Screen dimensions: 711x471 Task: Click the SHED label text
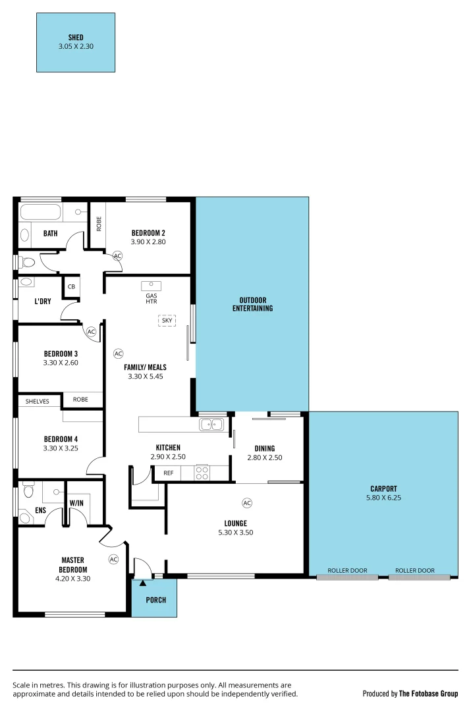pyautogui.click(x=75, y=38)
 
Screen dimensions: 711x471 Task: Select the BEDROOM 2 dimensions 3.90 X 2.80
pyautogui.click(x=148, y=242)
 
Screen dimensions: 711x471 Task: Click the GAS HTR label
pyautogui.click(x=152, y=298)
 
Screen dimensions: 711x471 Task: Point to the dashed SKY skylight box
pyautogui.click(x=167, y=321)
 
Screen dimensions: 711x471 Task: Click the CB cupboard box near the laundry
pyautogui.click(x=70, y=286)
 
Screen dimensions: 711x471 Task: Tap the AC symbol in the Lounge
pyautogui.click(x=247, y=503)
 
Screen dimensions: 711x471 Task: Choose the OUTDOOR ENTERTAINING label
pyautogui.click(x=252, y=304)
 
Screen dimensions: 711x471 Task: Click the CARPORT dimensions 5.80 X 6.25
pyautogui.click(x=383, y=498)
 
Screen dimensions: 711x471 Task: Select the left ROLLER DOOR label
pyautogui.click(x=347, y=570)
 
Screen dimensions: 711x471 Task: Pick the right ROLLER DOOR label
pyautogui.click(x=415, y=570)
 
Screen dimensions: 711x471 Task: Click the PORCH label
pyautogui.click(x=156, y=600)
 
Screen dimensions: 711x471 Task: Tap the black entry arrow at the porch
pyautogui.click(x=143, y=583)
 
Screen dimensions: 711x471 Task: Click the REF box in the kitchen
pyautogui.click(x=168, y=472)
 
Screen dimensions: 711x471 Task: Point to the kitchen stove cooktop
pyautogui.click(x=202, y=472)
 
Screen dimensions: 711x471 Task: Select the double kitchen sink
pyautogui.click(x=212, y=425)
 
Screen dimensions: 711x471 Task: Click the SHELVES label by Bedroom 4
pyautogui.click(x=38, y=401)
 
